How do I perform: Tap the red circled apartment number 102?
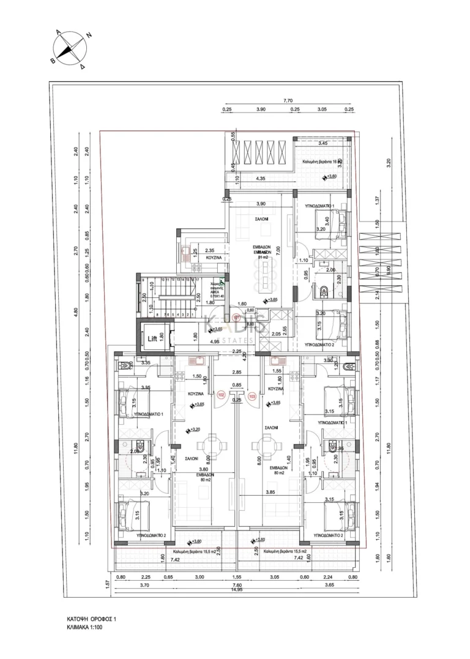click(221, 395)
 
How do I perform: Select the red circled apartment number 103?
click(252, 395)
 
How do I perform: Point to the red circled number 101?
click(237, 318)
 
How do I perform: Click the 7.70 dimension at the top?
click(288, 100)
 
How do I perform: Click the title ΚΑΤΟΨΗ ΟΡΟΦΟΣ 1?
click(91, 619)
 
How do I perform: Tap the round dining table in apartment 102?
click(211, 444)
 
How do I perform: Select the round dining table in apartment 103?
click(267, 444)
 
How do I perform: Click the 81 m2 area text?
click(263, 258)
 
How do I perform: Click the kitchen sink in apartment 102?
click(199, 362)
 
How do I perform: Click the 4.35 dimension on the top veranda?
click(259, 179)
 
